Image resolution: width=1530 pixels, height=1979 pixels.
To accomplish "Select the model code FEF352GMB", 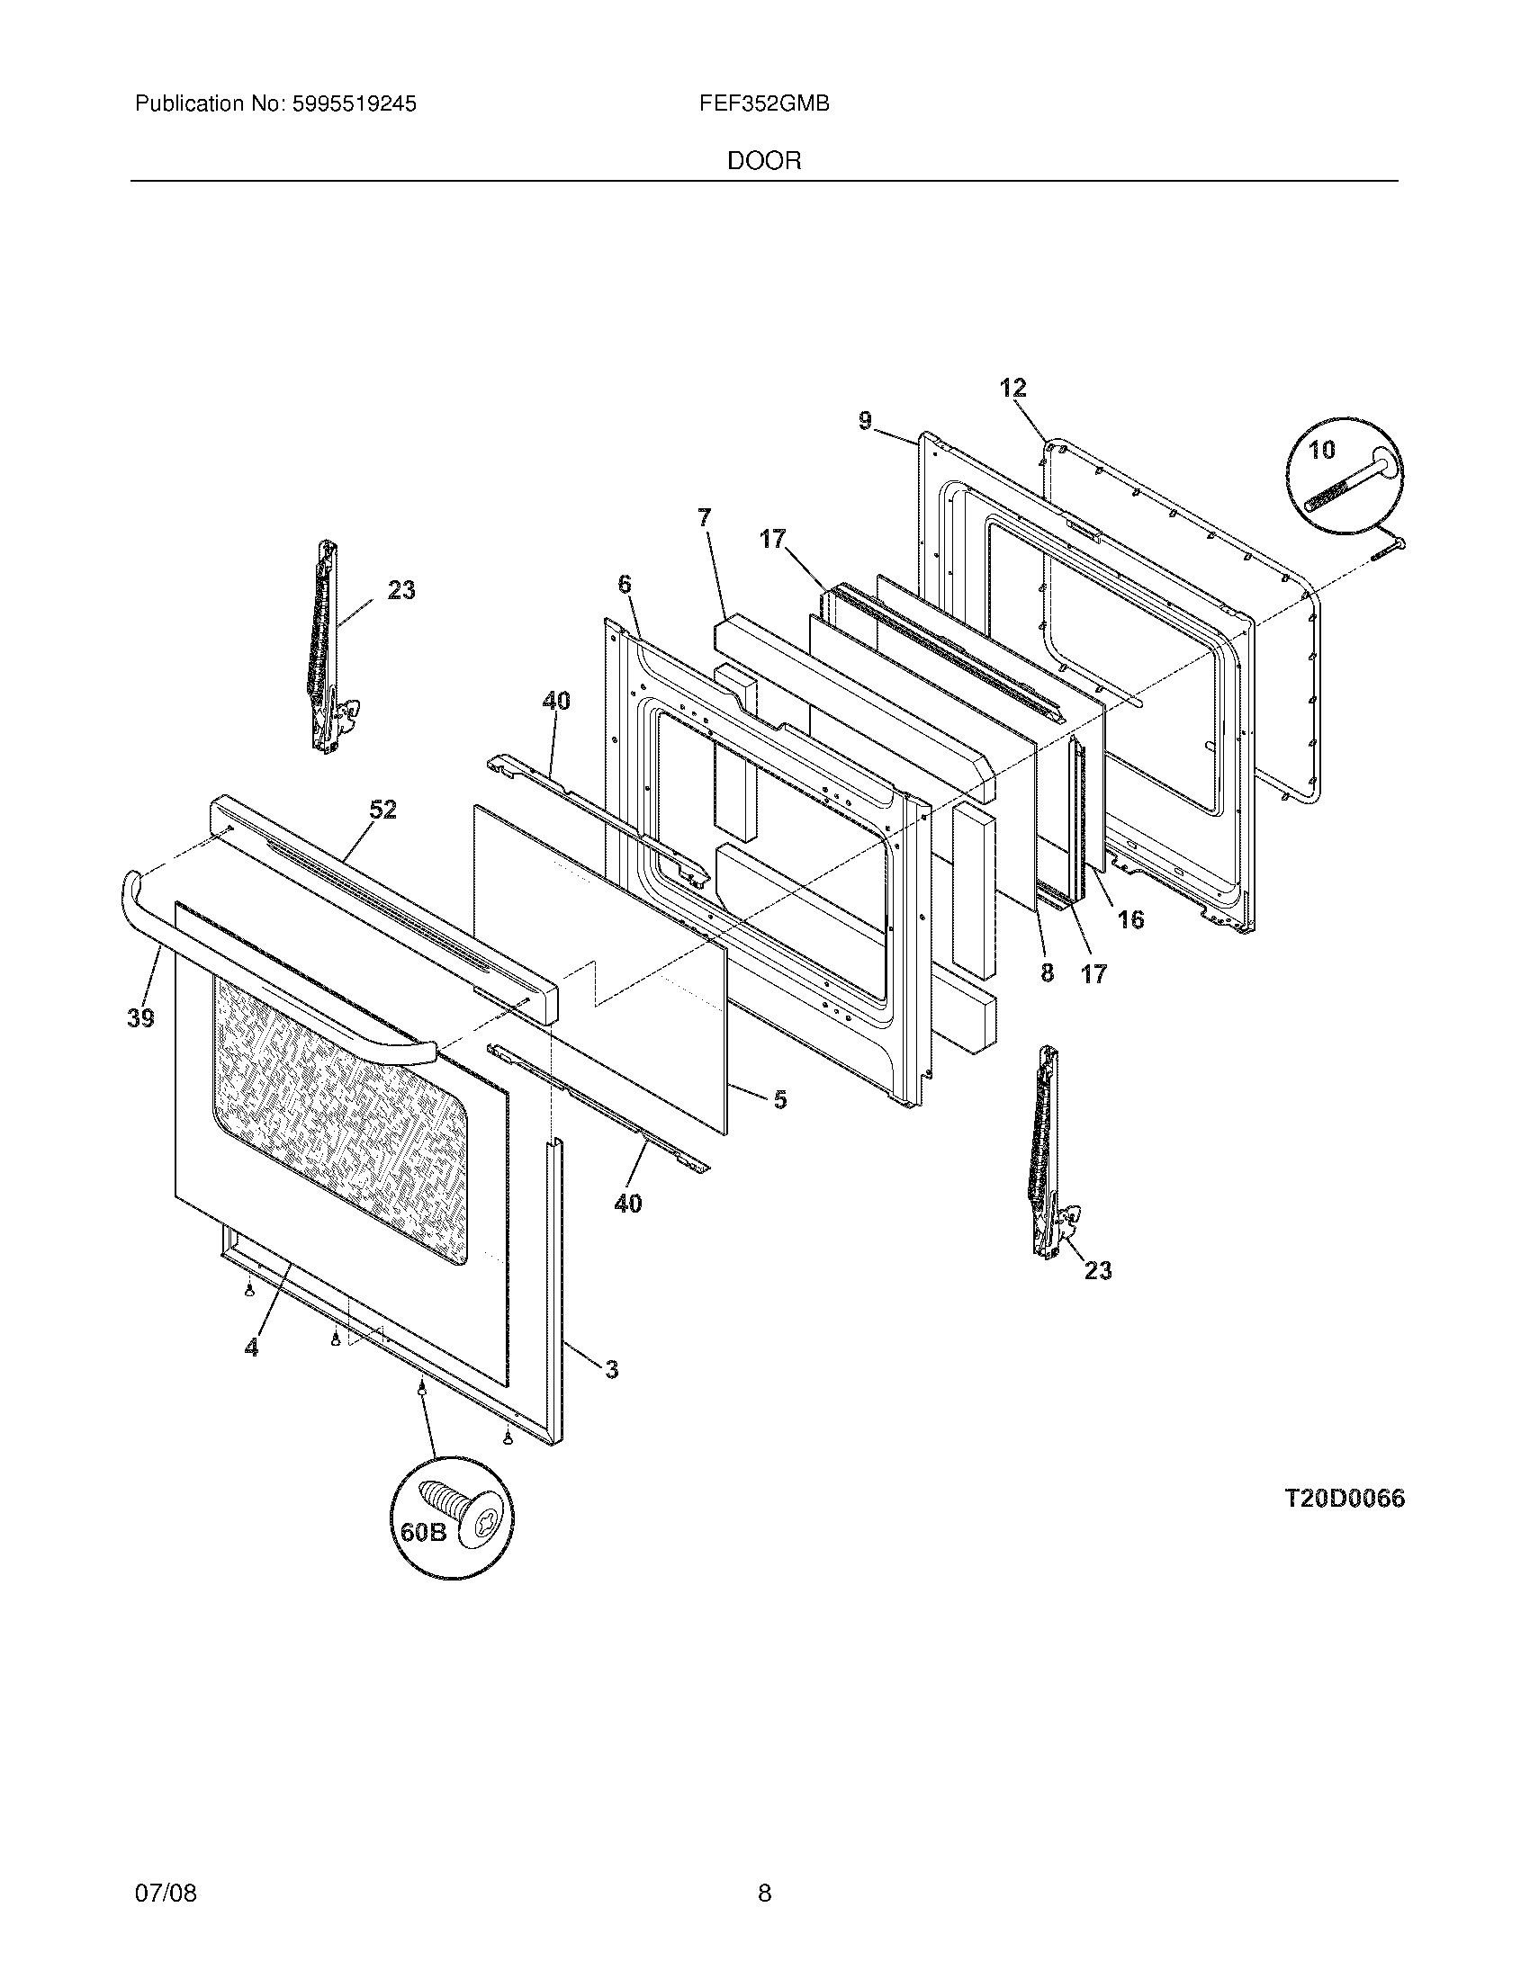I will point(763,104).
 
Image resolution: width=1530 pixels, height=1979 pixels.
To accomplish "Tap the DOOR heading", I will point(764,161).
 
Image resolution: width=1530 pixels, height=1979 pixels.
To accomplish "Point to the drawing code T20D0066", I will point(1345,1499).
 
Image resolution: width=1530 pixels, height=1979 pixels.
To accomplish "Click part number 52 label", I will point(382,810).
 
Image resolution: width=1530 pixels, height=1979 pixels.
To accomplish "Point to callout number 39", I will point(140,1018).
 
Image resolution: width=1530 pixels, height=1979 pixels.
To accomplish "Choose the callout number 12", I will point(1012,388).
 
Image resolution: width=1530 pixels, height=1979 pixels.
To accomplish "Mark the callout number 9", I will point(865,420).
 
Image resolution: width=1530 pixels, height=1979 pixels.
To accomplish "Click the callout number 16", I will point(1130,919).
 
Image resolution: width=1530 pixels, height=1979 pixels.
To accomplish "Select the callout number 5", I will point(779,1100).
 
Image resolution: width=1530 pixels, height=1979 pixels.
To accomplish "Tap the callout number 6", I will point(624,585).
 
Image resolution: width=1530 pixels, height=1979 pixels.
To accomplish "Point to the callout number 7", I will point(705,517).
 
